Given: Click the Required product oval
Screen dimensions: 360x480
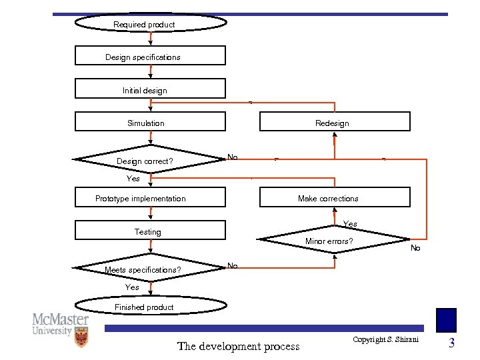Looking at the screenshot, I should click(x=150, y=24).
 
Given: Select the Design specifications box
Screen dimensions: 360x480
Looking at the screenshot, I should click(x=150, y=56).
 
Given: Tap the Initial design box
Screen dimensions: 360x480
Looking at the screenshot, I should click(x=150, y=89).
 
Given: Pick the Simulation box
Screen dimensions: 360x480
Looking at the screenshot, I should click(x=150, y=122).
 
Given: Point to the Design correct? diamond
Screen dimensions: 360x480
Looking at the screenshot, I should click(x=150, y=160).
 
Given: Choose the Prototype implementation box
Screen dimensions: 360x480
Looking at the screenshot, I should click(x=150, y=198).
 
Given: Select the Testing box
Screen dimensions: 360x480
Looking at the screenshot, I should click(x=150, y=231).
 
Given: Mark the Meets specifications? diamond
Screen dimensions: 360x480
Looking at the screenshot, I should click(x=150, y=269).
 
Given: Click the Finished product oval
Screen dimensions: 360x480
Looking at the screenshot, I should click(x=150, y=306).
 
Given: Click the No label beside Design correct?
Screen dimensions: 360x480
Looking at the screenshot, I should click(x=232, y=157).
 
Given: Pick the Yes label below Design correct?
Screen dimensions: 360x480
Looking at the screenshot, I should click(x=133, y=179).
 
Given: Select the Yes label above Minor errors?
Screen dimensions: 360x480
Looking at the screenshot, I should click(x=349, y=224).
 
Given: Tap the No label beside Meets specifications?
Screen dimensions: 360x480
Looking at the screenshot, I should click(x=232, y=266).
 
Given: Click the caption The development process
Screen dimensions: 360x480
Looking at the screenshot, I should click(x=238, y=346).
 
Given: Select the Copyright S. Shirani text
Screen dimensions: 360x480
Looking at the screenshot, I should click(x=385, y=340).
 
